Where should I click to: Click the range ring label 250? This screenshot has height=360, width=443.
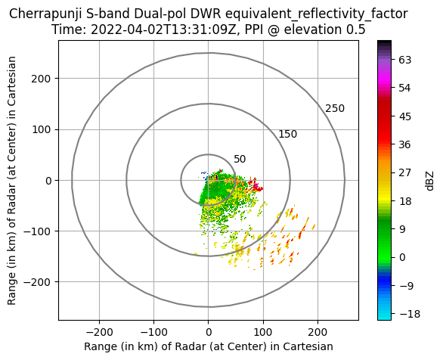tap(335, 108)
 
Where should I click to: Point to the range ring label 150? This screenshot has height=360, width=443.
tap(288, 134)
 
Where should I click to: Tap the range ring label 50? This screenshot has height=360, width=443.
tap(240, 160)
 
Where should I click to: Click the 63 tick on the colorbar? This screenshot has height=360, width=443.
tap(405, 60)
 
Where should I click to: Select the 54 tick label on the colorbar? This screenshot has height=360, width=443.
tap(405, 88)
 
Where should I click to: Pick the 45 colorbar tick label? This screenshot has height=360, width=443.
tap(405, 116)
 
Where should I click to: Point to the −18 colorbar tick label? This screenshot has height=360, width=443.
tap(410, 314)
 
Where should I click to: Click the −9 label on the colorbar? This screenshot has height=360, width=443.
tap(406, 286)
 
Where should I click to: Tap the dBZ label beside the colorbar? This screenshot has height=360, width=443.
tap(429, 181)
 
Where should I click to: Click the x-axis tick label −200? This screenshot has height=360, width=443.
tap(99, 332)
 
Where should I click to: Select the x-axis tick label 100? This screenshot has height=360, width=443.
tap(263, 332)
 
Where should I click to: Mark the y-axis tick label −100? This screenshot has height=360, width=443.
tap(38, 231)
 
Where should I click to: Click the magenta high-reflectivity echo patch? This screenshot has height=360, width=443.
tap(257, 187)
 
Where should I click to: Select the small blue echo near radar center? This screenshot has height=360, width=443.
tap(204, 172)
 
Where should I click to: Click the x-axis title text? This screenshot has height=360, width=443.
tap(209, 346)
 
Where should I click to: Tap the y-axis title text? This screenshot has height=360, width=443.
tap(11, 181)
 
